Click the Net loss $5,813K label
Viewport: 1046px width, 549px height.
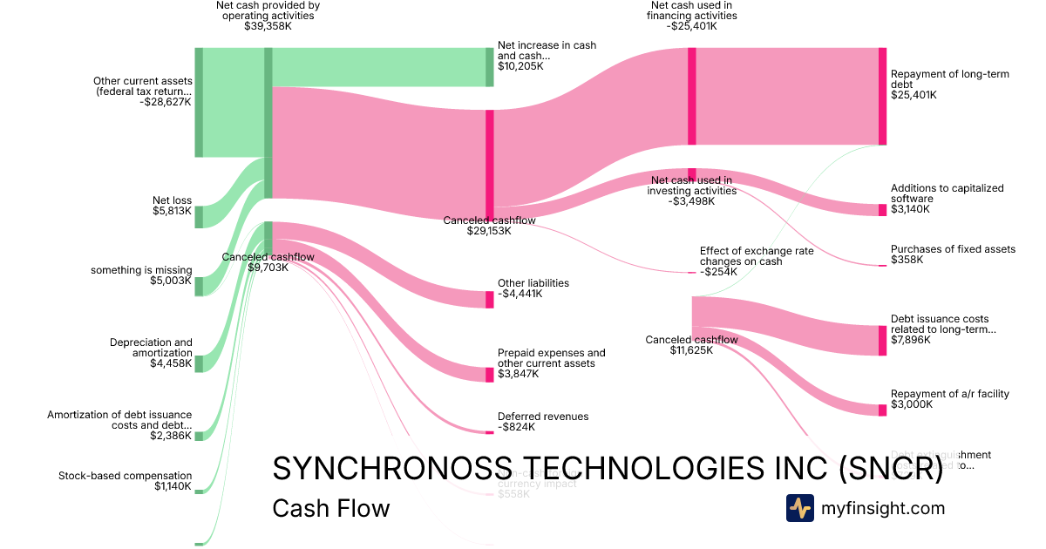coord(172,206)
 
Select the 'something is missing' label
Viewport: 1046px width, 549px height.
coord(141,275)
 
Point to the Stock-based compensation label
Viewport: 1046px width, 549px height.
coord(125,481)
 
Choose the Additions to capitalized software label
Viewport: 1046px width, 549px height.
coord(947,199)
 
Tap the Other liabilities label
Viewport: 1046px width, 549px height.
coord(533,288)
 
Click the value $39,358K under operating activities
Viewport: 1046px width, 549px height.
coord(268,27)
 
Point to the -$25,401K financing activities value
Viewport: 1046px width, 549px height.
coord(691,26)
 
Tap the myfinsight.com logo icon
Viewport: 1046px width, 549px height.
coord(799,508)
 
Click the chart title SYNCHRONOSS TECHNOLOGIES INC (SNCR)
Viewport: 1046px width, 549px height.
coord(608,470)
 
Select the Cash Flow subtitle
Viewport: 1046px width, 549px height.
coord(331,509)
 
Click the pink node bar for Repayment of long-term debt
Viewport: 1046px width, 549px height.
coord(882,96)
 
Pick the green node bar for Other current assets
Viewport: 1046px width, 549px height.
coord(199,103)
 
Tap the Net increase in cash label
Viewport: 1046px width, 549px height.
coord(547,55)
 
